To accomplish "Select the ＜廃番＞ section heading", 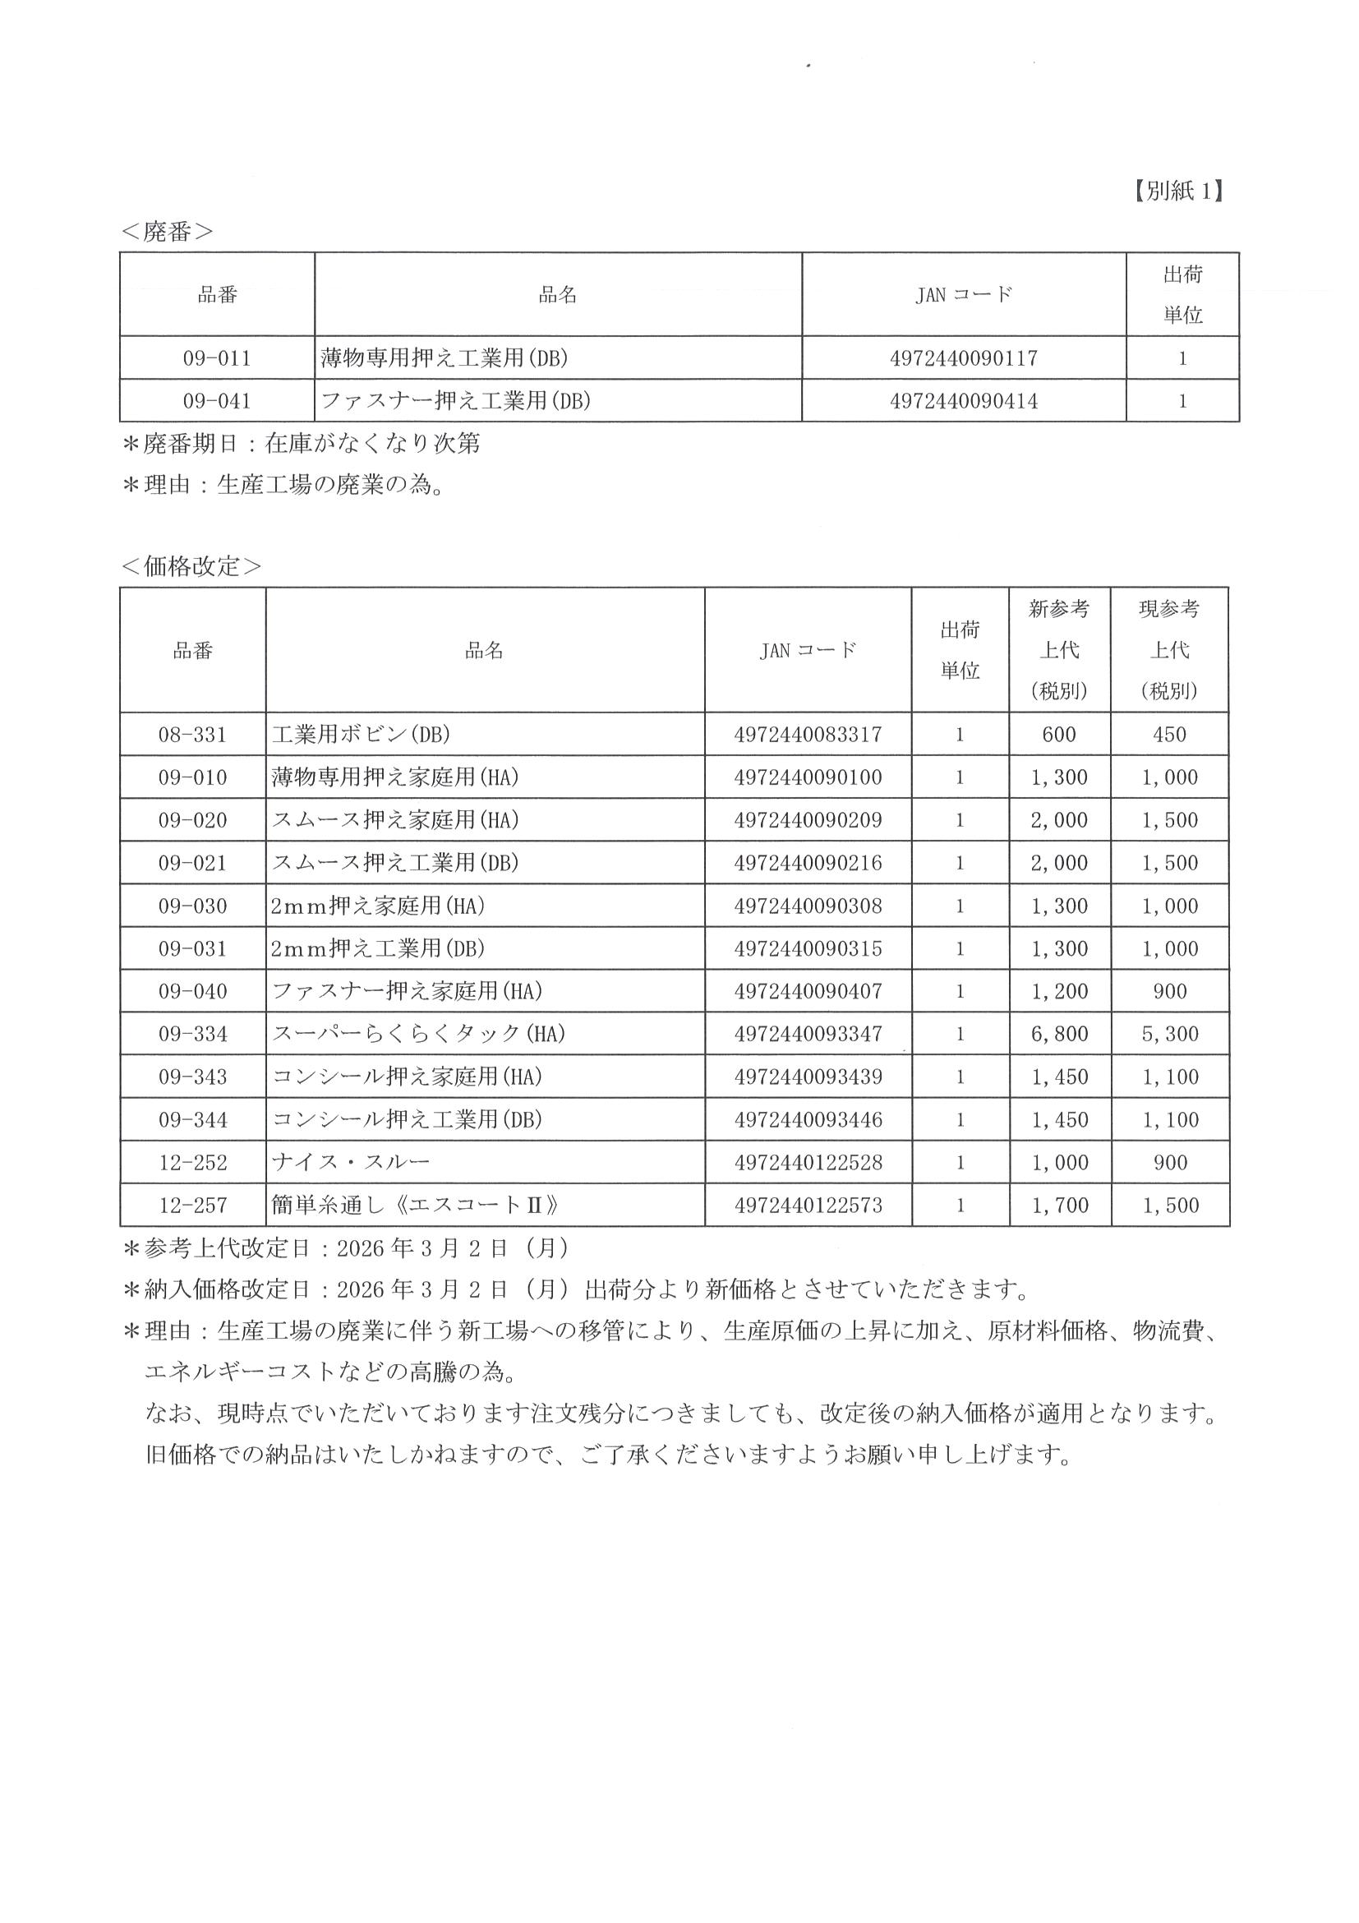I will click(167, 232).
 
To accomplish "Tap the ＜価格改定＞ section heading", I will click(191, 566).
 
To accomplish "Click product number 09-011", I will click(217, 358).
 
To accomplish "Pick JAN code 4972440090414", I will click(963, 401).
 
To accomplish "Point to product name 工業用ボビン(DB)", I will click(361, 735).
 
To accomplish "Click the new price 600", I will click(1058, 735).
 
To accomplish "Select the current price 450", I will click(1169, 735).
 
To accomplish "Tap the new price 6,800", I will click(1058, 1034).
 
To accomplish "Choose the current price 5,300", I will click(1169, 1034).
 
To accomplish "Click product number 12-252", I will click(192, 1163).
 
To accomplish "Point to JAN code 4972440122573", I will click(807, 1206).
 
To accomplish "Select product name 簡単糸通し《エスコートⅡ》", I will click(414, 1206).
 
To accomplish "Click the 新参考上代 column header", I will click(1058, 650).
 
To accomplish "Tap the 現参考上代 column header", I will click(1169, 650).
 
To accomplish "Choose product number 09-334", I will click(192, 1034).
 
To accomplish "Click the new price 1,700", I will click(1058, 1206).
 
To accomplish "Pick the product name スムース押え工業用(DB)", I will click(395, 863).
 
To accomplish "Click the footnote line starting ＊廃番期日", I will click(302, 443).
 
